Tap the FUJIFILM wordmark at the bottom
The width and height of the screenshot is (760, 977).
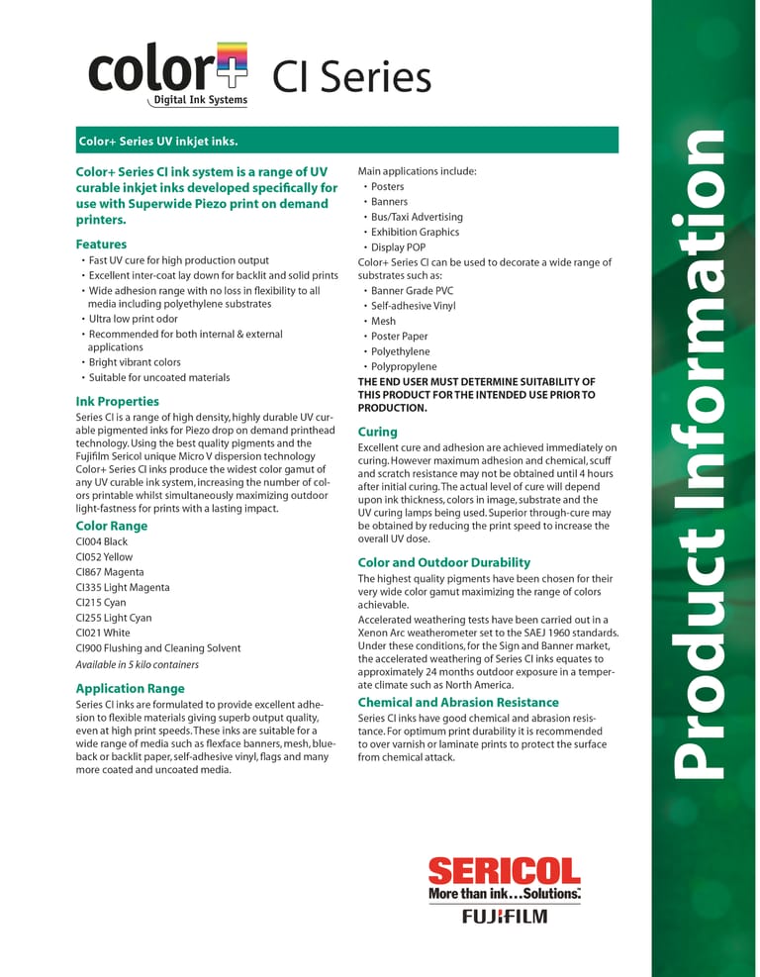click(504, 916)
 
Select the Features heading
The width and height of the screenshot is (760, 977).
click(101, 244)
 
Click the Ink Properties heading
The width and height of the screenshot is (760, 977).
click(117, 401)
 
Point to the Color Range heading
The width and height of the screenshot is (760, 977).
click(111, 526)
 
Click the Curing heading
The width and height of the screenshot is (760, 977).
click(377, 432)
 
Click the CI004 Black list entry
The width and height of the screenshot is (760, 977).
click(101, 541)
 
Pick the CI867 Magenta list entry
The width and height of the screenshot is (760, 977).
click(108, 572)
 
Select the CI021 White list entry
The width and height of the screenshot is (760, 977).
click(102, 633)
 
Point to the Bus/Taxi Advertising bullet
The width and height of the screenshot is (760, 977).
click(417, 217)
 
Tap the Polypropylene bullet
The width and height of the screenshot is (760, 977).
click(403, 366)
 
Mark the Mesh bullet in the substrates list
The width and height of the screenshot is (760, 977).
click(383, 321)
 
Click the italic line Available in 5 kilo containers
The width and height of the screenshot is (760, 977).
click(137, 664)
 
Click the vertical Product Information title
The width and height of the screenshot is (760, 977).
click(704, 450)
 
